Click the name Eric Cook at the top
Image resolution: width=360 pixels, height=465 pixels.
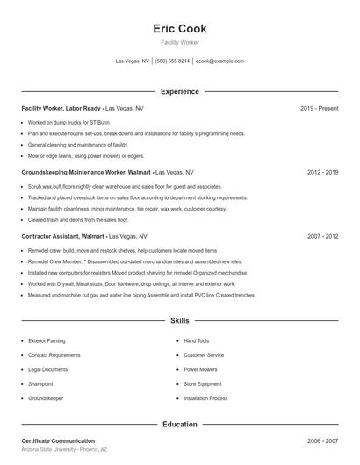[x=179, y=29]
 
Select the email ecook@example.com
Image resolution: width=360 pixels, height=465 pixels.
[x=220, y=61]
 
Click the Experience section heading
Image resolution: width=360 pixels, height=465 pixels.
[x=179, y=91]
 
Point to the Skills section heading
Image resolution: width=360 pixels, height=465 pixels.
[x=179, y=322]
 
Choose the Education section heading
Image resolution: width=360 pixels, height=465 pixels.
[x=179, y=424]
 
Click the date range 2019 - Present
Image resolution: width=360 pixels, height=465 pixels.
[x=319, y=108]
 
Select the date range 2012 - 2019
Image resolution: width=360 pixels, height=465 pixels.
[x=322, y=173]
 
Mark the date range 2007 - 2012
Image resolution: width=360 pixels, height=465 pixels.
[x=322, y=237]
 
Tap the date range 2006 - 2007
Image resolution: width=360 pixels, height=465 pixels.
[x=322, y=440]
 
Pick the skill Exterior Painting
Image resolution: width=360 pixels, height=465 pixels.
[x=47, y=340]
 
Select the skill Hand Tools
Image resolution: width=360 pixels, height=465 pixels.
[x=196, y=340]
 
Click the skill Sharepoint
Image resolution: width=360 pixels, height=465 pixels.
[x=40, y=383]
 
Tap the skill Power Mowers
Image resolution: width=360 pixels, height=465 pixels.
[x=201, y=369]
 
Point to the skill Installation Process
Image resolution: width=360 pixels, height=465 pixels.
[x=205, y=398]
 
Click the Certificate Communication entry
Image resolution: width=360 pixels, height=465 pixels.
[x=58, y=440]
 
